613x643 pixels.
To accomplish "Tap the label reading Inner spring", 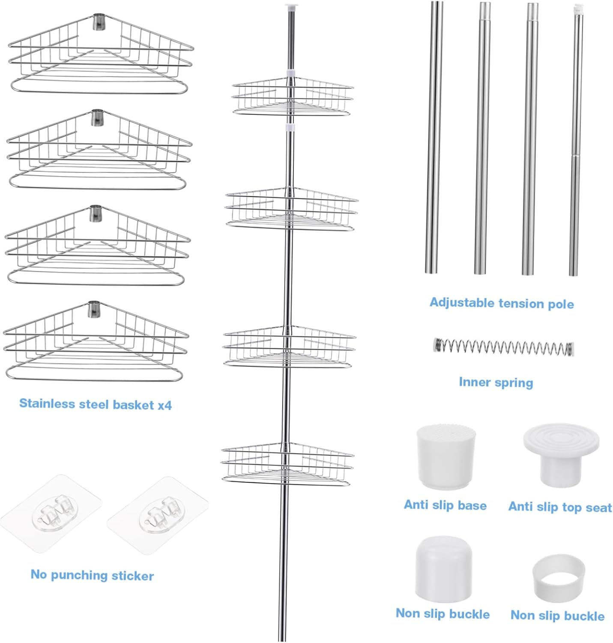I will (496, 382).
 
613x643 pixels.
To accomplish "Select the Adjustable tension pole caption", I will (502, 303).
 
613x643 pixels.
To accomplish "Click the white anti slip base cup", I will (446, 457).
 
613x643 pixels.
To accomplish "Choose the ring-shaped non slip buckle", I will (559, 577).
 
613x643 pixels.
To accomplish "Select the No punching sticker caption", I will (92, 575).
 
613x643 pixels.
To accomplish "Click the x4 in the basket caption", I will (164, 405).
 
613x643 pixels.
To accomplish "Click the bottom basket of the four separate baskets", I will (96, 343).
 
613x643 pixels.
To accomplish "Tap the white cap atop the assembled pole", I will (291, 6).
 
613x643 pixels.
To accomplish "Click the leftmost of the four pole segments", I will (434, 137).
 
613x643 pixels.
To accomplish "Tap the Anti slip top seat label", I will (560, 507).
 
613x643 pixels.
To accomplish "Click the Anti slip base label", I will (445, 505).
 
